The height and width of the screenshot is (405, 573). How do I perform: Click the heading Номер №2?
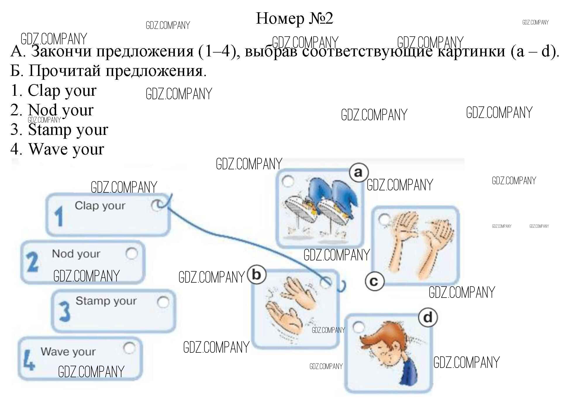click(x=294, y=18)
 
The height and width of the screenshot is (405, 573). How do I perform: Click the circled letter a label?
click(x=358, y=172)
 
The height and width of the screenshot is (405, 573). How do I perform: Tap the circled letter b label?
click(x=256, y=274)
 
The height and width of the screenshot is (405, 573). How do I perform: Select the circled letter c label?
click(x=374, y=281)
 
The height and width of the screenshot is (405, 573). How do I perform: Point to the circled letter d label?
click(x=428, y=317)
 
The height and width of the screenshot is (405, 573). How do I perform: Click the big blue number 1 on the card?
click(x=59, y=216)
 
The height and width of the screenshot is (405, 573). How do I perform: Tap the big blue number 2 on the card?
click(x=32, y=262)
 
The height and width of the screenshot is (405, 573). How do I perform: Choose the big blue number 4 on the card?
click(x=29, y=361)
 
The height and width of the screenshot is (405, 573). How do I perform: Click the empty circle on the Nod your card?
click(x=132, y=254)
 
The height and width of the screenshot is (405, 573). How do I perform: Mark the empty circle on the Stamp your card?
click(x=163, y=302)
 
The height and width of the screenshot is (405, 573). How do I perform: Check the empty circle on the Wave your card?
click(x=129, y=348)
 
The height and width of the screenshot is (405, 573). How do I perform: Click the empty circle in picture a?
click(x=288, y=181)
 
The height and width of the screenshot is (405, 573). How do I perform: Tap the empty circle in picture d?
click(x=359, y=327)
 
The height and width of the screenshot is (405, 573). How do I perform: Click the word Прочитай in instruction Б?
click(x=65, y=71)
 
